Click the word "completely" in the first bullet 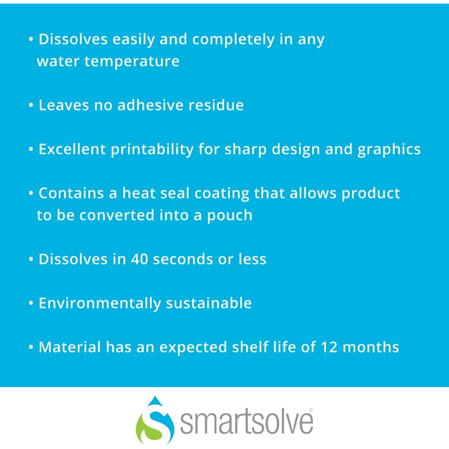[233, 40]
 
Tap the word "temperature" [132, 61]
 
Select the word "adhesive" [150, 105]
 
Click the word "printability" [152, 150]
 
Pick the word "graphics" [389, 150]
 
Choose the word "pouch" [229, 216]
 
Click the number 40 [140, 259]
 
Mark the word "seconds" [183, 259]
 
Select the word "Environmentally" [100, 304]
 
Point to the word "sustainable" [209, 303]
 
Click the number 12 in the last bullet [329, 347]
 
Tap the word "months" [370, 347]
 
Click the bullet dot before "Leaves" [31, 105]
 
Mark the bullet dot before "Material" [31, 348]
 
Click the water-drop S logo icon [155, 420]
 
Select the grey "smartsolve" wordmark [246, 422]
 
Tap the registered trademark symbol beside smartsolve [311, 410]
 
